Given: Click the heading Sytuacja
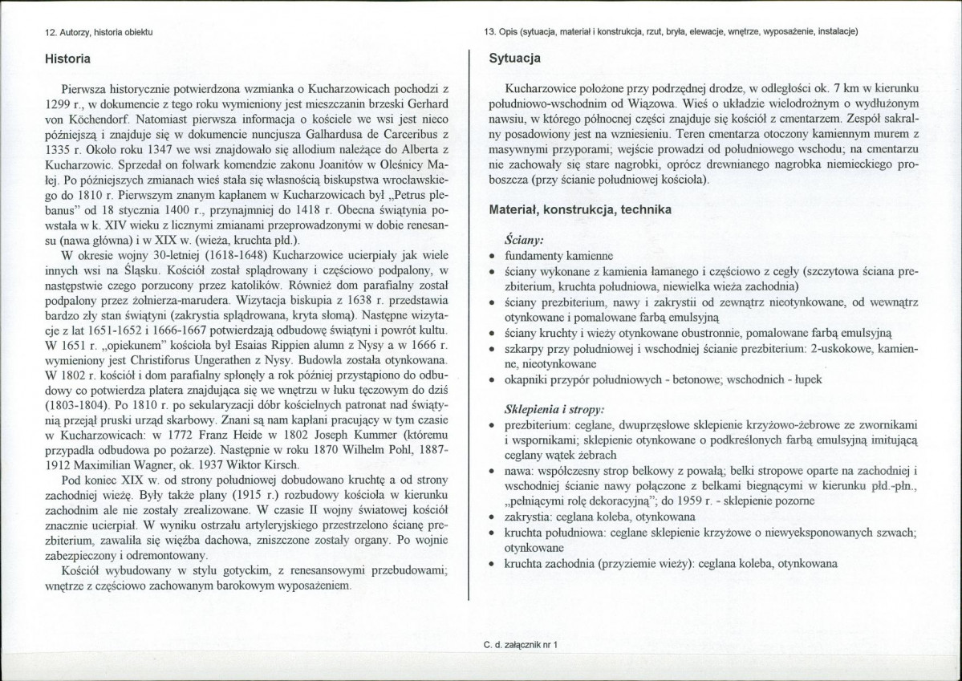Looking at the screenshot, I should (x=514, y=59).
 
